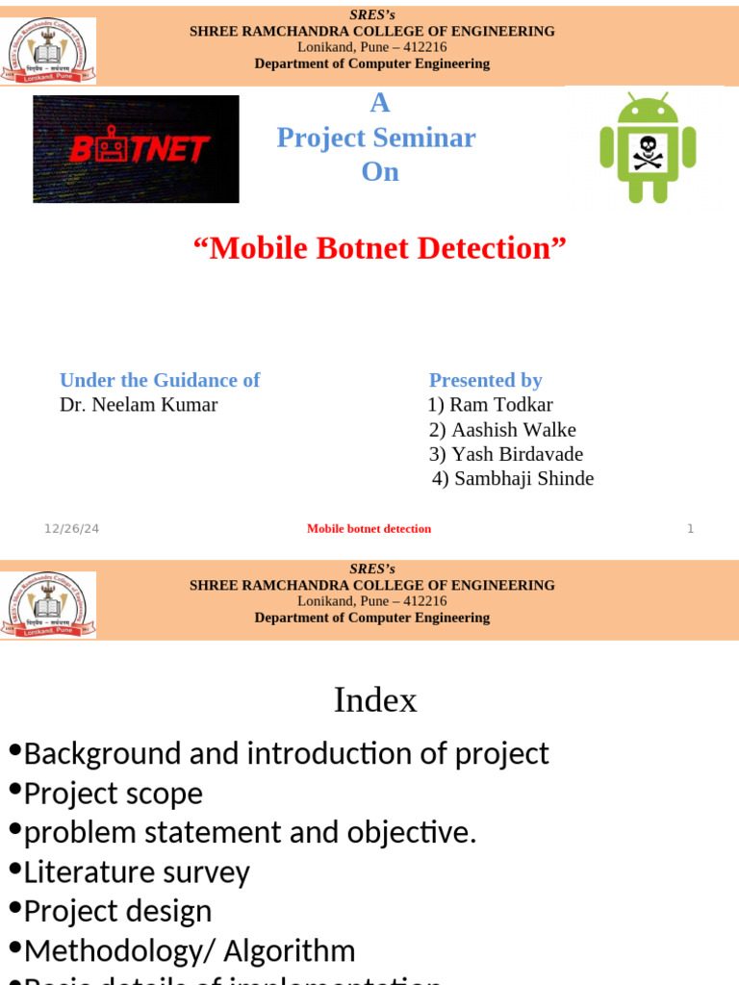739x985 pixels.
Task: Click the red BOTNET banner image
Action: point(136,149)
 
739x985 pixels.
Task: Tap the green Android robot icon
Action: point(647,147)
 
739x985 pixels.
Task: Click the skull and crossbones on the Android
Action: point(647,152)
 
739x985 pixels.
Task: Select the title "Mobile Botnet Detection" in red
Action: point(380,248)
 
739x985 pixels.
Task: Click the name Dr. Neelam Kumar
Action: point(139,405)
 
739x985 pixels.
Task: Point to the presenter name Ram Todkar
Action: point(491,405)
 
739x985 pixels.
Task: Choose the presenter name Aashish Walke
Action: point(502,430)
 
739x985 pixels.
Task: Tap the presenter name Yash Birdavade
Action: point(506,454)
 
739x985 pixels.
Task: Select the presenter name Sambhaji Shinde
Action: point(513,478)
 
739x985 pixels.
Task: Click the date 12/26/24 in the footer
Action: point(71,529)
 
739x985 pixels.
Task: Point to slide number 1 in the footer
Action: point(690,529)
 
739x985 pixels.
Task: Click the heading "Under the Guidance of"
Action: point(160,380)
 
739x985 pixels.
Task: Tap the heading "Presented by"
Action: point(485,380)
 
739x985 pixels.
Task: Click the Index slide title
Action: point(375,700)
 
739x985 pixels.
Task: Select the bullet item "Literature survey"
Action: point(136,872)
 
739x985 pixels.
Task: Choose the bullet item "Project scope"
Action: point(113,794)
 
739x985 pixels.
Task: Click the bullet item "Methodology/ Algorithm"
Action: point(189,951)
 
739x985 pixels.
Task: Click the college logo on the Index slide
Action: point(47,604)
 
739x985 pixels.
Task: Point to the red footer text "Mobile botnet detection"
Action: point(369,529)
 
